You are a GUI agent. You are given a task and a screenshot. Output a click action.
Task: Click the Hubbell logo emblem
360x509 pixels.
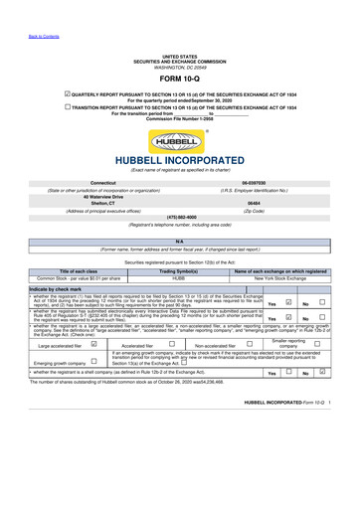point(180,140)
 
